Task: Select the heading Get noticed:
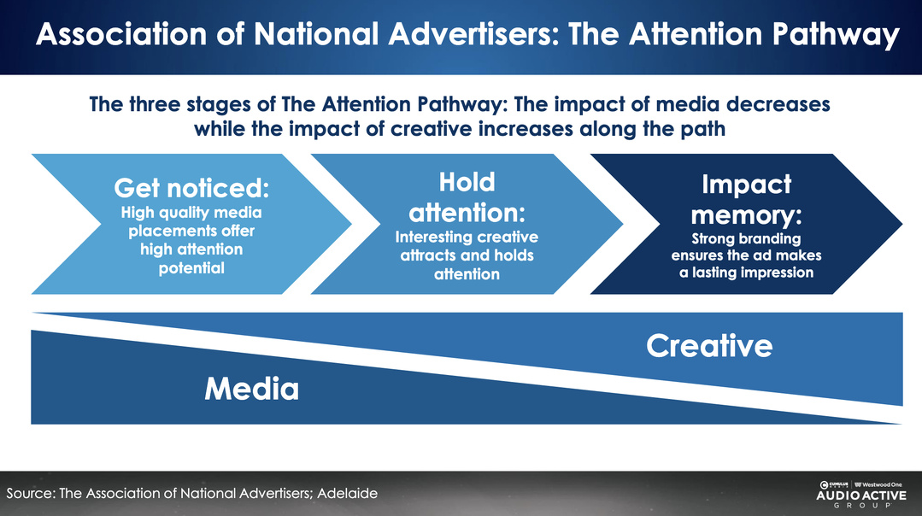pyautogui.click(x=192, y=189)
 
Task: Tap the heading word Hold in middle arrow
pyautogui.click(x=466, y=181)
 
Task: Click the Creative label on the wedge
pyautogui.click(x=708, y=346)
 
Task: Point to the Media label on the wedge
pyautogui.click(x=251, y=390)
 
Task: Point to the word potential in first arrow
pyautogui.click(x=191, y=268)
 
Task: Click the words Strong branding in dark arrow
pyautogui.click(x=746, y=240)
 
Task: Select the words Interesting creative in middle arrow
pyautogui.click(x=466, y=237)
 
